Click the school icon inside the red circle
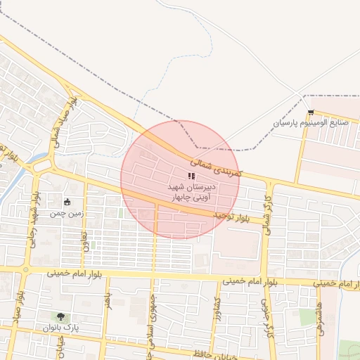[191, 176]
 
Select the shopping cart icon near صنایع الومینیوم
[311, 112]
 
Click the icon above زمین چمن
[67, 202]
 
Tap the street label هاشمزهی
[320, 316]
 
